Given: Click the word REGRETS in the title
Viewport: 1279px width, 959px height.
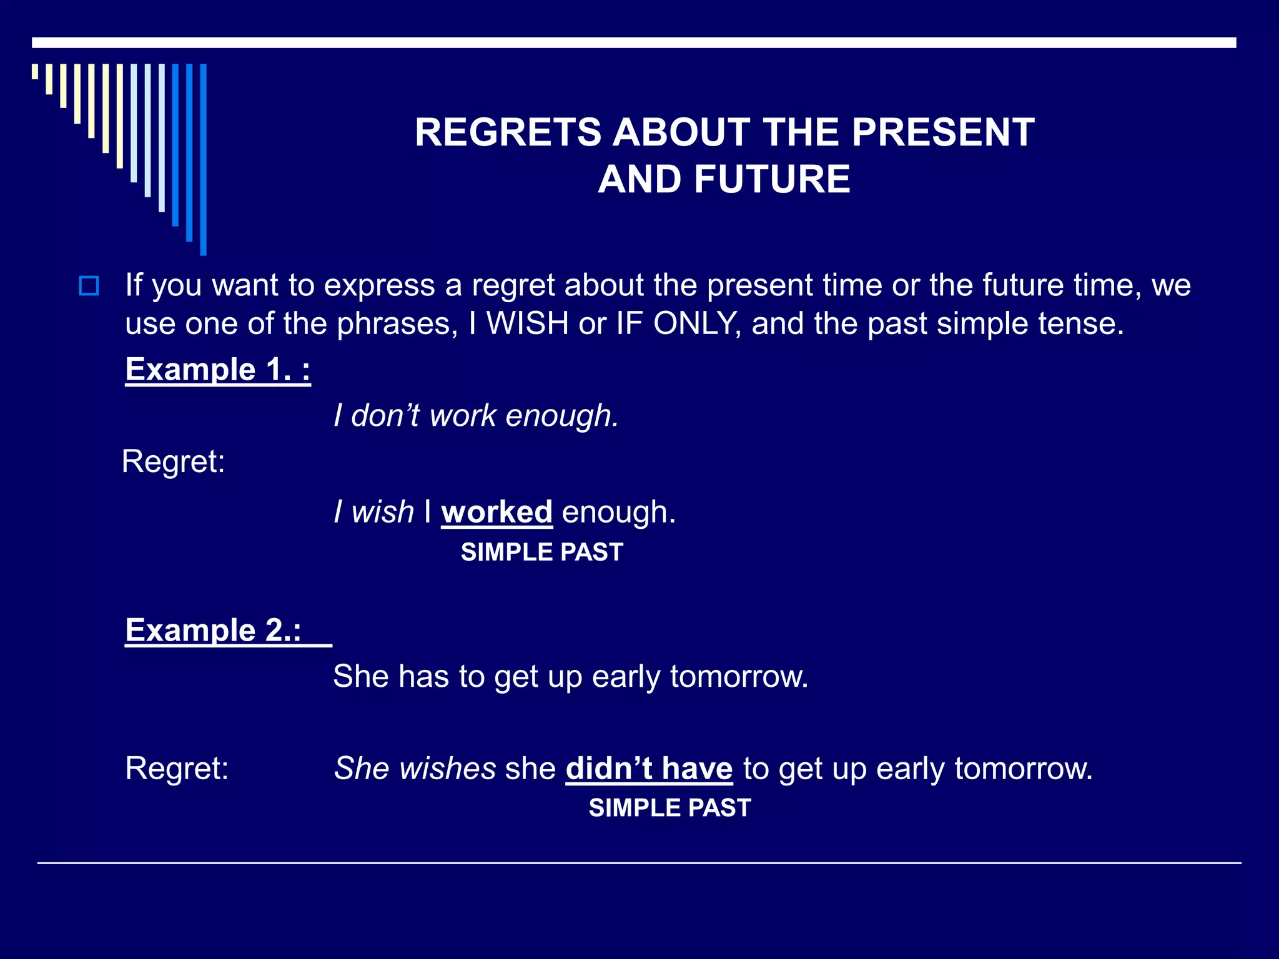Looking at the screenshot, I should coord(507,132).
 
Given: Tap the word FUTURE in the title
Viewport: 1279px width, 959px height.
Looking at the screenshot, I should coord(772,179).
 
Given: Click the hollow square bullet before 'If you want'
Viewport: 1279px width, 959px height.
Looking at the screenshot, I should coord(89,286).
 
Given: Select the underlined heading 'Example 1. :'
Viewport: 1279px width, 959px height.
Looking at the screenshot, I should coord(217,370).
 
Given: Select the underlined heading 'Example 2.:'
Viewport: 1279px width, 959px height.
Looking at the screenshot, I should coord(214,630).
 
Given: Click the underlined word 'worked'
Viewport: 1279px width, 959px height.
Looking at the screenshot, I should coord(496,512).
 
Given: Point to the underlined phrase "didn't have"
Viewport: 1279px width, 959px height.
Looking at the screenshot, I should coord(649,768).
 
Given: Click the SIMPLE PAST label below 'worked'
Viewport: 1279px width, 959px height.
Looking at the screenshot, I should coord(541,552).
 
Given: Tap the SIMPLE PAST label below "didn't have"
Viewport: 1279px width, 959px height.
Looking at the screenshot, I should coord(669,808).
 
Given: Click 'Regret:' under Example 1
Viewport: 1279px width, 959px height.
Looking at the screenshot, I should coord(173,462).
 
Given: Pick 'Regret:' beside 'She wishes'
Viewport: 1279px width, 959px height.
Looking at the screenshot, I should coord(177,768).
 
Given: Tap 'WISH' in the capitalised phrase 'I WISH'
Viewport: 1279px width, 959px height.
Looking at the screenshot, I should coord(527,323).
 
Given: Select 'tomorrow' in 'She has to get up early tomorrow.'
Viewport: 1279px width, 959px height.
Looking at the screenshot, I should coord(739,676).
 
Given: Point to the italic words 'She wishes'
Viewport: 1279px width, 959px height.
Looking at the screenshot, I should coord(415,768).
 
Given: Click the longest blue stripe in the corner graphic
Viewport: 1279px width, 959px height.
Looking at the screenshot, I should coord(203,159).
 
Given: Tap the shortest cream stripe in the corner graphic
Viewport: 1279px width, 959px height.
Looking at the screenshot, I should coord(35,71).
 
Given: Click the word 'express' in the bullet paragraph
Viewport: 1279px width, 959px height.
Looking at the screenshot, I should coord(379,286).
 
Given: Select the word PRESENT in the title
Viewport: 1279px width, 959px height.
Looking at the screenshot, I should coord(943,132).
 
